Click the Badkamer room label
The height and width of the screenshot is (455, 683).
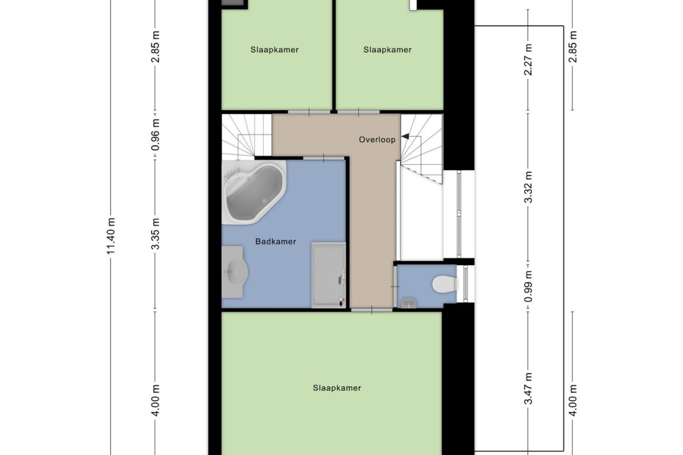click(275, 242)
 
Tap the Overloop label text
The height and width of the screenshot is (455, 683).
click(377, 140)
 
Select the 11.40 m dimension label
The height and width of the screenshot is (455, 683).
click(110, 236)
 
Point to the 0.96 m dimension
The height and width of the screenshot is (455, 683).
click(155, 135)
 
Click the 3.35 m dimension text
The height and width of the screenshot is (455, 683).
click(155, 233)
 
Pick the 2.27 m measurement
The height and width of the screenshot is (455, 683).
click(528, 59)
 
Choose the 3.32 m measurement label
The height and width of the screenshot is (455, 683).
click(528, 187)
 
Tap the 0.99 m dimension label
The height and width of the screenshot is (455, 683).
click(528, 286)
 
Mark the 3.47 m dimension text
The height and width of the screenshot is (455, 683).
click(528, 388)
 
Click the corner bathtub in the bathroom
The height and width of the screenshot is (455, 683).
click(254, 193)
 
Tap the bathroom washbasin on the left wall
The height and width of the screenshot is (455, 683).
click(234, 272)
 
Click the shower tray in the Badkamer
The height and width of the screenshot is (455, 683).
click(329, 275)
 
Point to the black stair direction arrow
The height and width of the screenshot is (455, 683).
click(405, 136)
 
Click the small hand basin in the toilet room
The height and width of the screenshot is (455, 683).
click(409, 303)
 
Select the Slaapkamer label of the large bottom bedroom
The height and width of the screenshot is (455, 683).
click(337, 388)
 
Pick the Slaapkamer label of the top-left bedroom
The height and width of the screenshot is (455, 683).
click(274, 50)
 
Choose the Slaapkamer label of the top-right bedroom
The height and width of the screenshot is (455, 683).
click(387, 50)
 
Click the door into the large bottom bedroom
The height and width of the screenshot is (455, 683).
click(372, 310)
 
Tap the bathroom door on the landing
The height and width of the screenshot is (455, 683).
click(324, 158)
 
